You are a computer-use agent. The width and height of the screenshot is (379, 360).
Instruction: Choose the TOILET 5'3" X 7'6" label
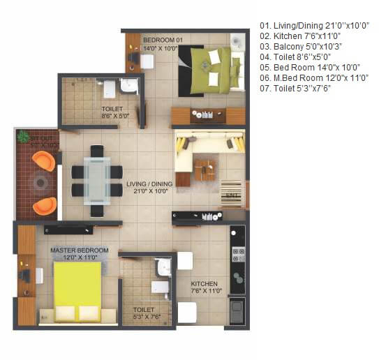144,313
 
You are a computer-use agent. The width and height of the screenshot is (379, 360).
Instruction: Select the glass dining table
97,181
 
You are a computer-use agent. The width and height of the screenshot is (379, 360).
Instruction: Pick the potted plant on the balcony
23,136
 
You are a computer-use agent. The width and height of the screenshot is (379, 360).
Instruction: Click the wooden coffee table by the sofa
205,167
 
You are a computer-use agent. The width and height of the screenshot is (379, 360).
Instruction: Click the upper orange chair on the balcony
43,161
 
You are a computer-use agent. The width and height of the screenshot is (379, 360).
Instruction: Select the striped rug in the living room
231,191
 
